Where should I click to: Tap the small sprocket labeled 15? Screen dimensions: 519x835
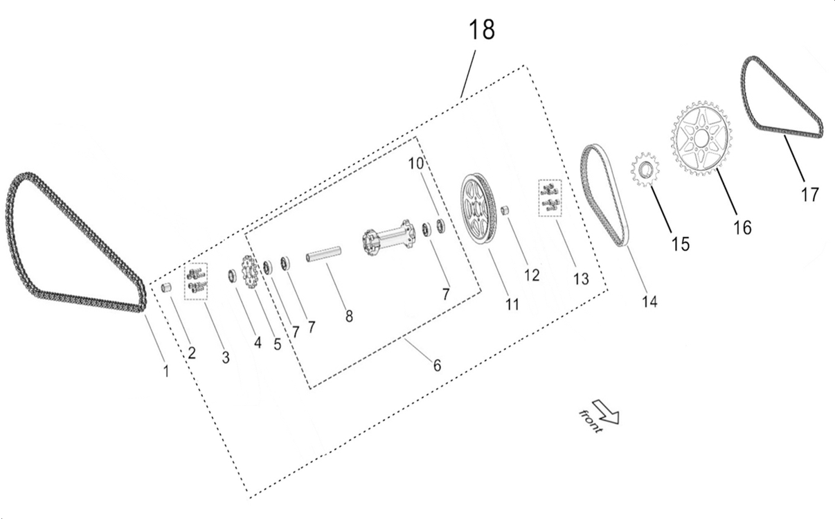645,169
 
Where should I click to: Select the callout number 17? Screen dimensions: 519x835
809,195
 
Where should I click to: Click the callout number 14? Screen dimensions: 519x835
649,301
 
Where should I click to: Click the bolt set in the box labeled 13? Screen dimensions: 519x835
550,197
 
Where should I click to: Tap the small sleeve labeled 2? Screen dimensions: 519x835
166,288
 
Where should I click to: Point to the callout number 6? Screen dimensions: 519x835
437,365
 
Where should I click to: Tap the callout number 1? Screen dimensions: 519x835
165,371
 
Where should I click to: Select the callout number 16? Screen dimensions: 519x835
742,227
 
